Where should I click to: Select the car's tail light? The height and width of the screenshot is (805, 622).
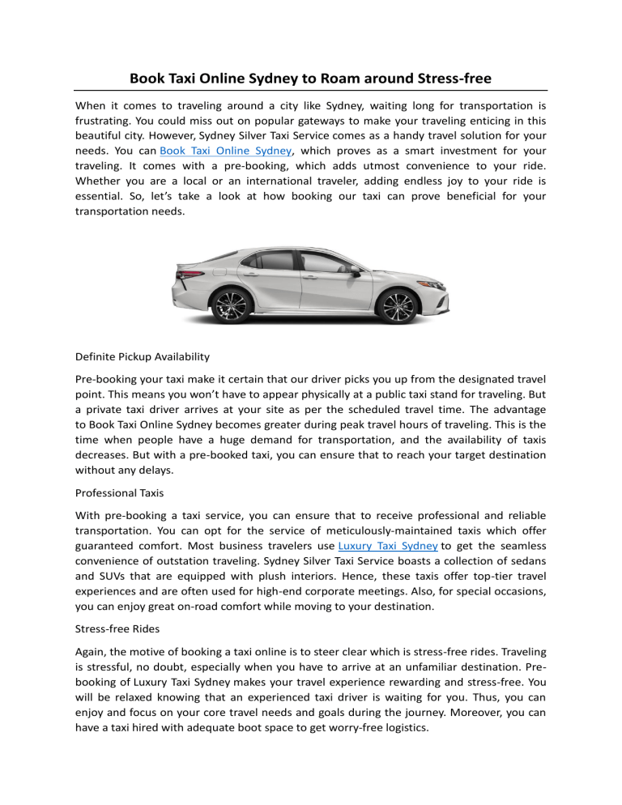(181, 275)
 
